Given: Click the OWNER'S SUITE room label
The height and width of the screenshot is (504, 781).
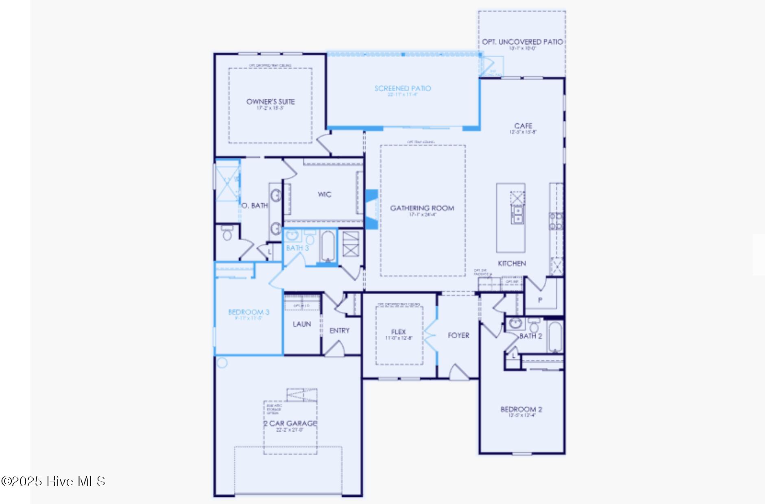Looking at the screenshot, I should click(271, 102).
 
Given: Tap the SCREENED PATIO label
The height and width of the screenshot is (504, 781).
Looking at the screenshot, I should click(403, 88).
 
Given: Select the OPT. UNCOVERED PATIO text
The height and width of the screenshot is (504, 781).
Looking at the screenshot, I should click(522, 42).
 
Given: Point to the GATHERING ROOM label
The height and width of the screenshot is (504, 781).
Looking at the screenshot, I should click(422, 208).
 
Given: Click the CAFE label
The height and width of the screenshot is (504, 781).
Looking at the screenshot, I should click(523, 126).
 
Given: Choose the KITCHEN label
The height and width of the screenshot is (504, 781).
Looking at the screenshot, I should click(512, 263).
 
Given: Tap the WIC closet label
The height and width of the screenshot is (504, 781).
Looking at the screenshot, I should click(324, 194).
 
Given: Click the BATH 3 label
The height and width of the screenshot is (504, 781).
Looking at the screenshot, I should click(297, 248).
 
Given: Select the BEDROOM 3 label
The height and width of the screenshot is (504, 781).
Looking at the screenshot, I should click(249, 312).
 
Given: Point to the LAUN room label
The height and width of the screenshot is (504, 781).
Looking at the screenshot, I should click(302, 324).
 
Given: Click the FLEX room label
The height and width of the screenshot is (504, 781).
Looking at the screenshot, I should click(399, 332).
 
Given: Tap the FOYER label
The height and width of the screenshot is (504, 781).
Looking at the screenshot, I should click(458, 335).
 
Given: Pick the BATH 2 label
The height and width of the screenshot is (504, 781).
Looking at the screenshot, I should click(531, 336).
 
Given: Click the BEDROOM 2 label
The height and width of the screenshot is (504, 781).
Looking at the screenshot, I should click(521, 409).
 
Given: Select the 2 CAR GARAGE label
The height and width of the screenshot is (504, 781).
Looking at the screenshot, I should click(290, 424).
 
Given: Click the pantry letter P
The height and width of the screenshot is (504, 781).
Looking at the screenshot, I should click(540, 300).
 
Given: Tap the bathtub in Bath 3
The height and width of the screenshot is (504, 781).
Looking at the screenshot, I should click(328, 246).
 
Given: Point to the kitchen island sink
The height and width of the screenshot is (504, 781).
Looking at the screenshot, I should click(517, 215).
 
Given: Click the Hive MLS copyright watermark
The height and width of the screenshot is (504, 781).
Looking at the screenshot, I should click(53, 481).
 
